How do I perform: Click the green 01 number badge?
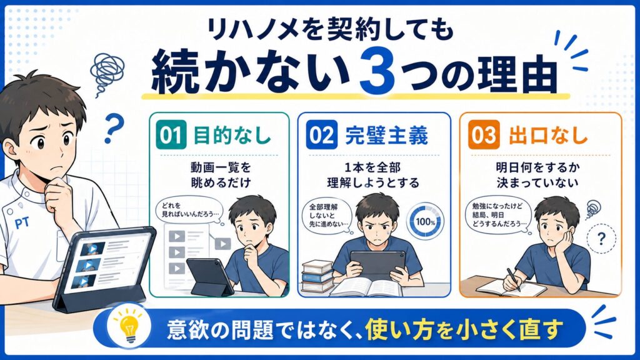point(171,134)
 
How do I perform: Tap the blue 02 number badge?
point(322,134)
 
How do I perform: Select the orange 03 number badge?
point(484,134)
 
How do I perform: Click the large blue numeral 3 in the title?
point(377,71)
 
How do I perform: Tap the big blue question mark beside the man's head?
point(113,127)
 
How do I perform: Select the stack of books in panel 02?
point(317,276)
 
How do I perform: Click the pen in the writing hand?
point(513,279)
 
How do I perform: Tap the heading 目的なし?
point(232,135)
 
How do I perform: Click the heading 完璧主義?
point(386,135)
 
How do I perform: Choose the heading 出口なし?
point(547,135)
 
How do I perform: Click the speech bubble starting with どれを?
point(189,211)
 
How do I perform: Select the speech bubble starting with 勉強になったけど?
point(499,215)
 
